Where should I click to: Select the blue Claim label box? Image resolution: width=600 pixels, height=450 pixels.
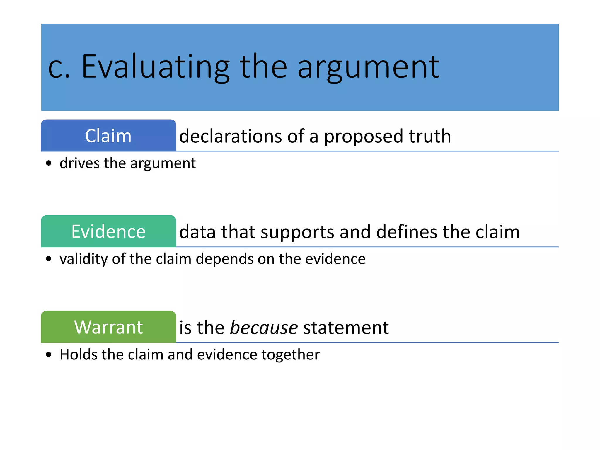click(x=108, y=136)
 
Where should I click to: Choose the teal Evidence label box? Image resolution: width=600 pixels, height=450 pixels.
click(x=108, y=231)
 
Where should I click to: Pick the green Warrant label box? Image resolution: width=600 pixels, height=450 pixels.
click(x=108, y=327)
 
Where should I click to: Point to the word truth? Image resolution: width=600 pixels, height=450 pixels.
click(x=430, y=136)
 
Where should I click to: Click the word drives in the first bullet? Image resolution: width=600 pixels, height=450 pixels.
click(x=79, y=163)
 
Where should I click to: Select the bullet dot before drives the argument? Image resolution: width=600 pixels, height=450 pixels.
click(x=49, y=163)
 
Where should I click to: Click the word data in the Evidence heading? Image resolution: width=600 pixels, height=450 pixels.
click(x=198, y=232)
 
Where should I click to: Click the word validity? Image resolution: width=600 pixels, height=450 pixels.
click(x=83, y=259)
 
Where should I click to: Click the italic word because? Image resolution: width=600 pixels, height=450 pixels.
click(x=264, y=327)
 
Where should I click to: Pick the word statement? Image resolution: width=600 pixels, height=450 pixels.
click(x=346, y=327)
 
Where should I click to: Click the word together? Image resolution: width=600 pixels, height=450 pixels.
click(x=290, y=355)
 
